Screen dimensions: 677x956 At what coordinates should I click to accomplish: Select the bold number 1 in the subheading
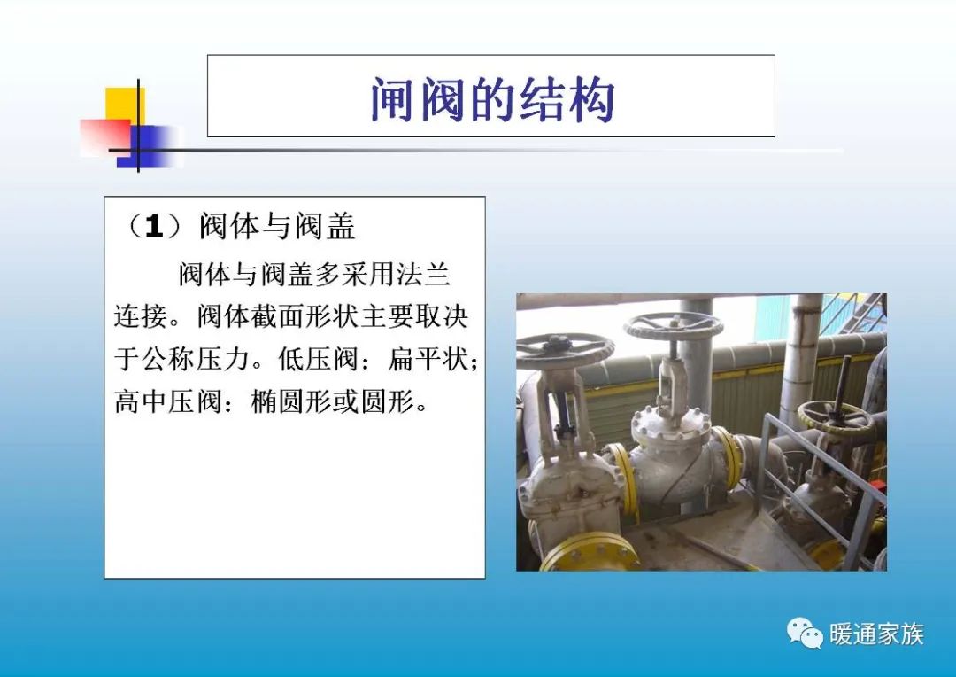click(154, 228)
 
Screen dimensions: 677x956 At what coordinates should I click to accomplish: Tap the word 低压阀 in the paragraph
click(308, 359)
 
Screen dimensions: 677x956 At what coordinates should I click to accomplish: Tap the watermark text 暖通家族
click(876, 634)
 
